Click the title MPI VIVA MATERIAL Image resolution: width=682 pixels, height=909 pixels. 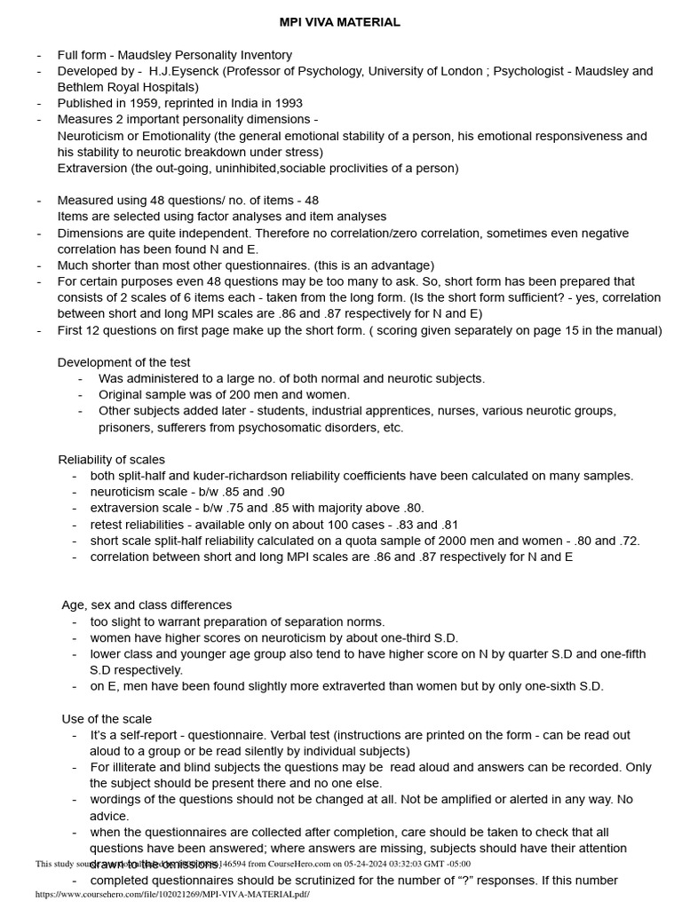340,22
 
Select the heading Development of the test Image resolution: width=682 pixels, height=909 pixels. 123,362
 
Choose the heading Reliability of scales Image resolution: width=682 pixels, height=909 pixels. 111,459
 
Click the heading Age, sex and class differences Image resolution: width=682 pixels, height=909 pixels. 147,605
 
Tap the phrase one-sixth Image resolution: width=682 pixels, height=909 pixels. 542,686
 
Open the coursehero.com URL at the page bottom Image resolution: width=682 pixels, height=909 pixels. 172,895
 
